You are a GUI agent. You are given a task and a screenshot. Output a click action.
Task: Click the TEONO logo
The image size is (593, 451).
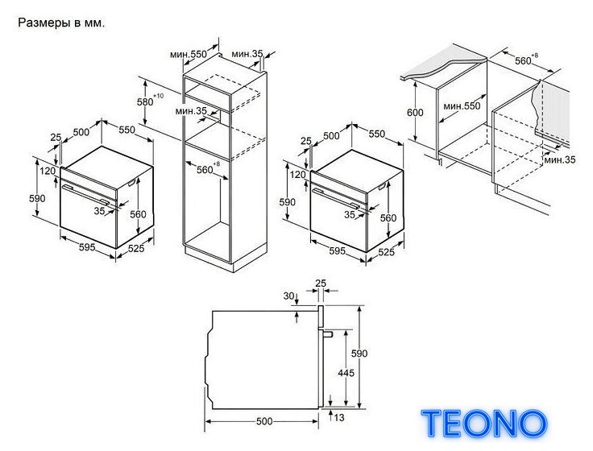pos(483,424)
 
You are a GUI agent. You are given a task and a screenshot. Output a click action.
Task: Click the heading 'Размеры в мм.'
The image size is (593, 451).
pos(61,23)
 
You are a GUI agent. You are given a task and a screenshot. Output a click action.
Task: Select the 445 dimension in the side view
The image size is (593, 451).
pos(346,373)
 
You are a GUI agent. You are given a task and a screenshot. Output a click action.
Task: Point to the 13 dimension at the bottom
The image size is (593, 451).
pos(339,417)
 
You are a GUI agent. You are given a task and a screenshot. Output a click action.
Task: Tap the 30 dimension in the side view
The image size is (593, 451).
pos(288,296)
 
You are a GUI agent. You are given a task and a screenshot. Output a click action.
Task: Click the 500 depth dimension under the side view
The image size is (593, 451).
pos(264,421)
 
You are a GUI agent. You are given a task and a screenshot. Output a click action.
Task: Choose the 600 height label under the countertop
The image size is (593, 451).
pos(415,113)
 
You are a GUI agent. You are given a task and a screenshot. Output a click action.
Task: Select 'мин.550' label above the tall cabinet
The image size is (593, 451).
pos(189,55)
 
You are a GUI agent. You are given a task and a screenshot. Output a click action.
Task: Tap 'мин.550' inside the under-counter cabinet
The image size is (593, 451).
pos(462,106)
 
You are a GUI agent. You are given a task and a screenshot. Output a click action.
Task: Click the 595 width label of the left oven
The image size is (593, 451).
pos(87,247)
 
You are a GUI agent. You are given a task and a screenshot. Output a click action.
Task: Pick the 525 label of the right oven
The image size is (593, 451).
pos(386,252)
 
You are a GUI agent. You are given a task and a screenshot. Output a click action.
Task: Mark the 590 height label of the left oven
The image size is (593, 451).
pos(37,198)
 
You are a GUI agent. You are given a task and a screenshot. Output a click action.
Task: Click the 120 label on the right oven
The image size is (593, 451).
pos(297,175)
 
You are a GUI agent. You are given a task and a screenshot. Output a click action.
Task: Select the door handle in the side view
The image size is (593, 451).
pos(326,333)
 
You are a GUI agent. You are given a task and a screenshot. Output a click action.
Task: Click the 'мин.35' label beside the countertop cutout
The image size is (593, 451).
pos(560,160)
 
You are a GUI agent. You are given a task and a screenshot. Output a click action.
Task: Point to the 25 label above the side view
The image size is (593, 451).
pos(321,283)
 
